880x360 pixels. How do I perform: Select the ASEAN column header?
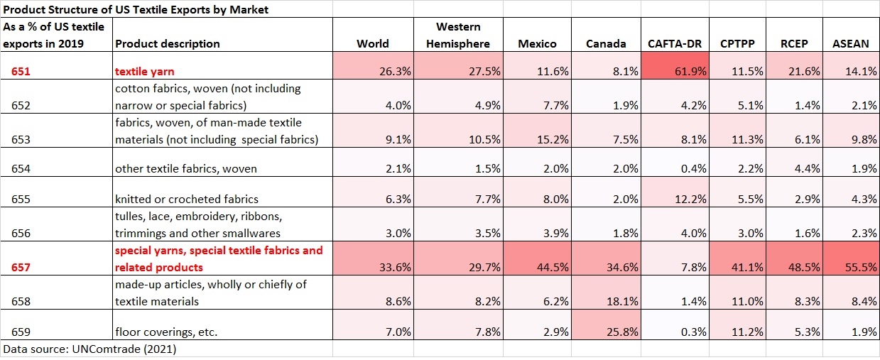850,43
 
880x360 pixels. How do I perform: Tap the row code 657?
23,267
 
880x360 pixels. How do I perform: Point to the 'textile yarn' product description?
144,71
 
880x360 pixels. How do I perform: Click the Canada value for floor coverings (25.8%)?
612,332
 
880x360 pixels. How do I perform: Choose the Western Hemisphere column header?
457,35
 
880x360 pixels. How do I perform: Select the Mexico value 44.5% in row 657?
543,267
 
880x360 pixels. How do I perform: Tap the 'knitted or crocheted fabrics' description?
187,199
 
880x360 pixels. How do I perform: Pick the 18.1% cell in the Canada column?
612,301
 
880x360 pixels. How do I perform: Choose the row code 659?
23,332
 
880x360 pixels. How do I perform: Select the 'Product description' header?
168,43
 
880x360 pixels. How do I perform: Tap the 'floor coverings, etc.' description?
166,332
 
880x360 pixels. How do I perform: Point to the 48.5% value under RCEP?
804,267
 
